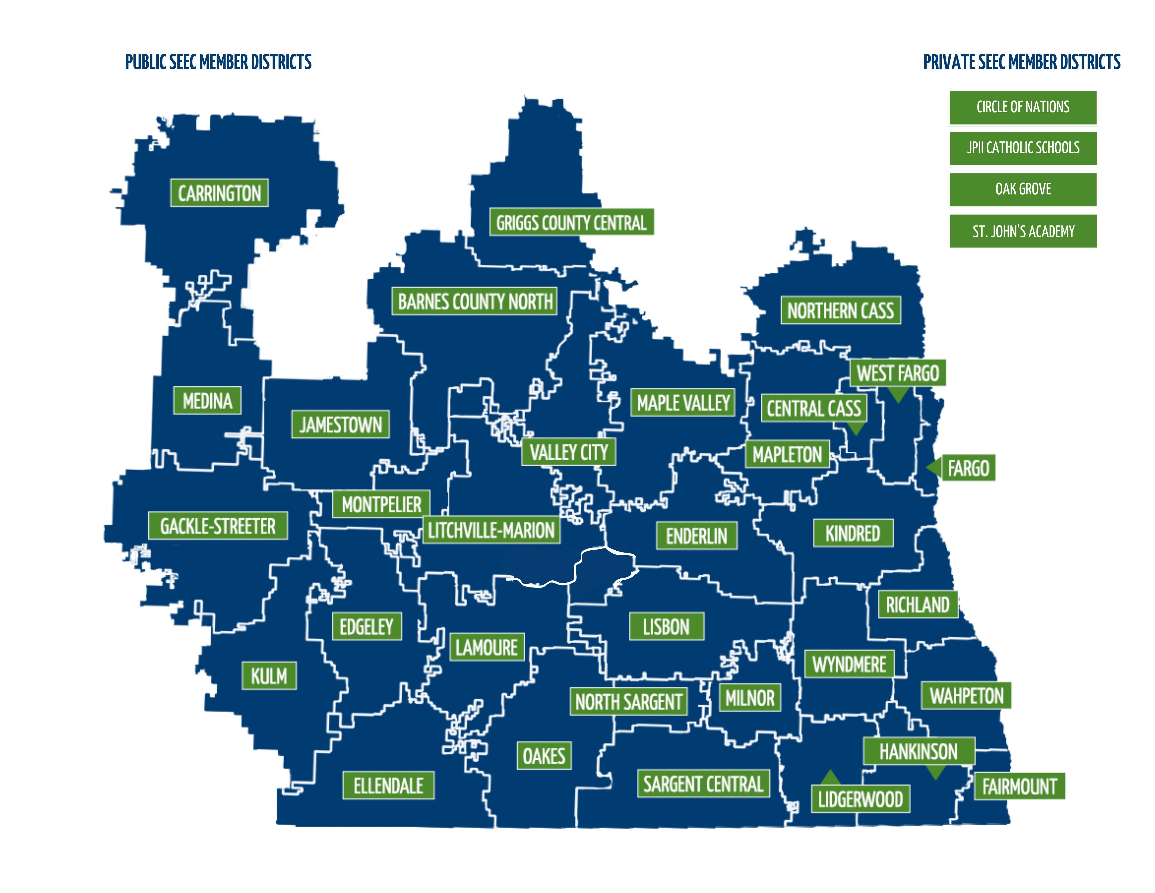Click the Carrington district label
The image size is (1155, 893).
pyautogui.click(x=219, y=193)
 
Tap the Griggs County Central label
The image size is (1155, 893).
pyautogui.click(x=571, y=222)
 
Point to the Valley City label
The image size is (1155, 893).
pyautogui.click(x=569, y=452)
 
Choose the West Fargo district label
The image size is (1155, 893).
pyautogui.click(x=897, y=373)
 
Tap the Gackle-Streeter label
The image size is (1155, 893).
pyautogui.click(x=218, y=526)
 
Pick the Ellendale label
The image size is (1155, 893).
pyautogui.click(x=388, y=786)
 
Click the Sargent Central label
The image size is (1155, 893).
pyautogui.click(x=703, y=783)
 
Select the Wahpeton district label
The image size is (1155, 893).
pyautogui.click(x=966, y=696)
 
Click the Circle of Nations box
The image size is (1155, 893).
pyautogui.click(x=1023, y=107)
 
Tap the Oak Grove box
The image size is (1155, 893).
pyautogui.click(x=1023, y=189)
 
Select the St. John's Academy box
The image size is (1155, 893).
pyautogui.click(x=1023, y=231)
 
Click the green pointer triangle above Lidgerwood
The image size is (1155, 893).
pyautogui.click(x=830, y=778)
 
